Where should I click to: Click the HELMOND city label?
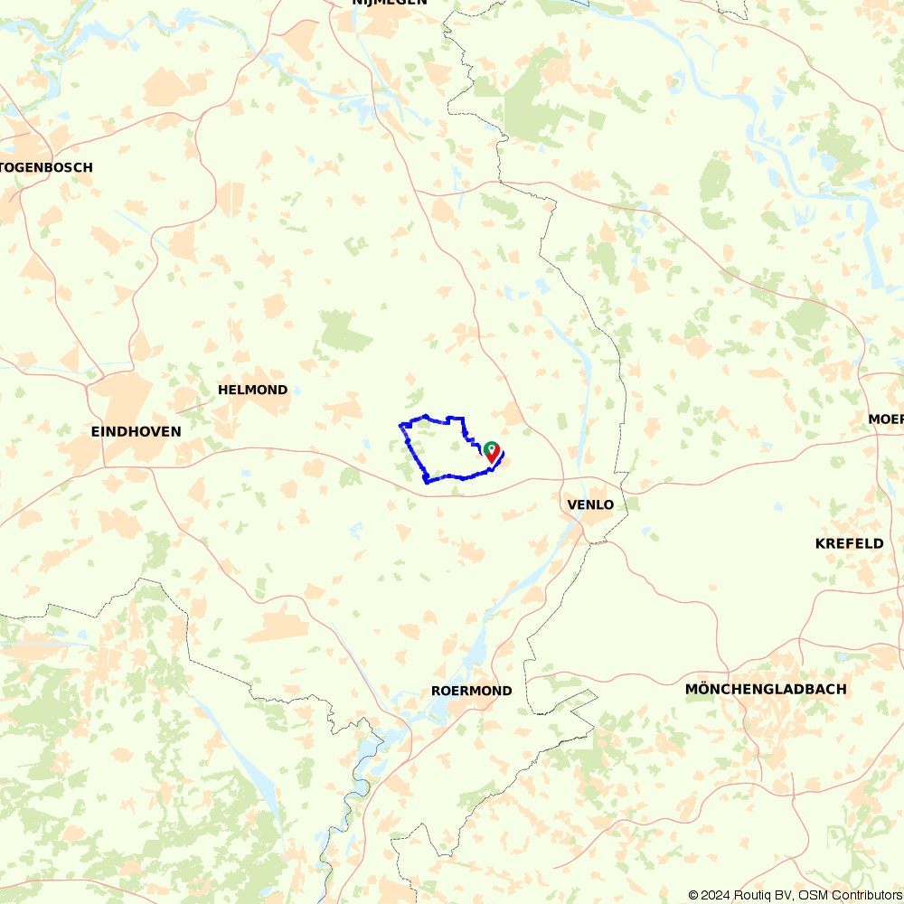(x=252, y=391)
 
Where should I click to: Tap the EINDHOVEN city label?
(x=136, y=432)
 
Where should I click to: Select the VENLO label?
(x=589, y=504)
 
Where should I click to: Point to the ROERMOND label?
(x=471, y=691)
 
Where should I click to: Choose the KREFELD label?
(x=849, y=543)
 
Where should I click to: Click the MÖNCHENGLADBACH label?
(x=766, y=689)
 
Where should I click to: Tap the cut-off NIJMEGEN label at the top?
(x=389, y=3)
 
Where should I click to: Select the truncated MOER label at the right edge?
(x=885, y=419)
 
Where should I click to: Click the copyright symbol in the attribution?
(x=693, y=895)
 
